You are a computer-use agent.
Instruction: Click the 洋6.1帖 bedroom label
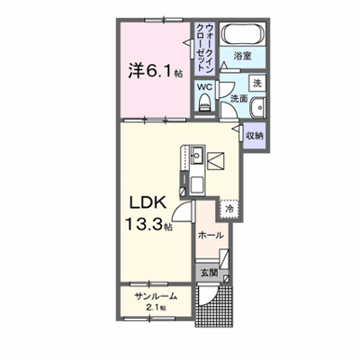click(x=156, y=71)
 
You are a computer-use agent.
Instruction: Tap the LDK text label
click(x=148, y=203)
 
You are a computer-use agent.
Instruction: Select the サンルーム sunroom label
click(x=156, y=297)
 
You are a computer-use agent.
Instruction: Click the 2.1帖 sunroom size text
click(x=155, y=308)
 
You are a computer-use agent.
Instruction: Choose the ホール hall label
click(x=211, y=236)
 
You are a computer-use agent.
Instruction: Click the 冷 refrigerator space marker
click(x=229, y=209)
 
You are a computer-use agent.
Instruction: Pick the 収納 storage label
click(x=255, y=136)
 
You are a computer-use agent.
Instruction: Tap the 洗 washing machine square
click(x=257, y=83)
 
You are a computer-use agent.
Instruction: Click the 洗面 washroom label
click(x=238, y=99)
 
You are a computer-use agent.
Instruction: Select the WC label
click(x=204, y=87)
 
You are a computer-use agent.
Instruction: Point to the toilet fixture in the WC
click(x=205, y=103)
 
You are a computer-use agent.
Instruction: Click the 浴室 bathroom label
click(x=242, y=57)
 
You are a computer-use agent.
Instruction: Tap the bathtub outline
click(x=243, y=34)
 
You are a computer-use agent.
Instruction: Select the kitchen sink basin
click(x=197, y=155)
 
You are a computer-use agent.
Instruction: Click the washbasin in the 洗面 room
click(x=257, y=106)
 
